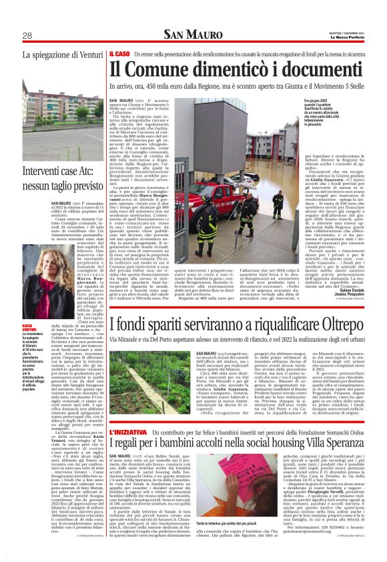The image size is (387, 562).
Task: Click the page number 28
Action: (27, 35)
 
